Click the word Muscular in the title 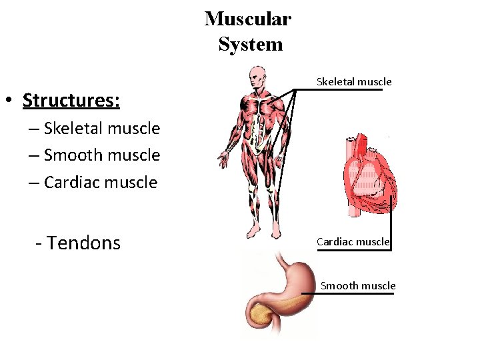pyautogui.click(x=247, y=19)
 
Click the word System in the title pyautogui.click(x=250, y=45)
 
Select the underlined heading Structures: pyautogui.click(x=71, y=101)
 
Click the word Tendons pyautogui.click(x=83, y=243)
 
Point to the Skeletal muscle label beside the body pyautogui.click(x=354, y=82)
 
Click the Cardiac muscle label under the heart pyautogui.click(x=353, y=241)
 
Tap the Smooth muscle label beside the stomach pyautogui.click(x=358, y=286)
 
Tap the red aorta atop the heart pyautogui.click(x=361, y=141)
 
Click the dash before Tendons pyautogui.click(x=39, y=243)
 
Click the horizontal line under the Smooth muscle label pyautogui.click(x=347, y=293)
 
